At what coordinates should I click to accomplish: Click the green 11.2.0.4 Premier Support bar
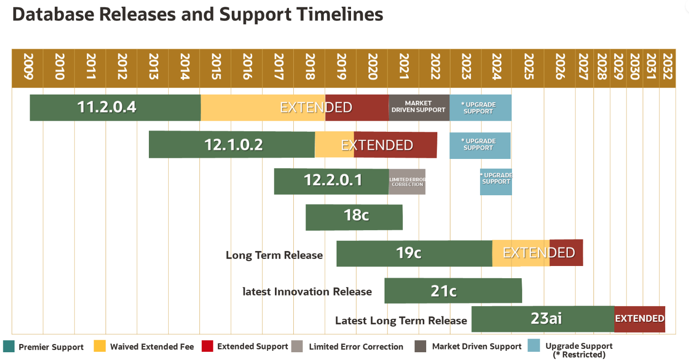click(x=115, y=108)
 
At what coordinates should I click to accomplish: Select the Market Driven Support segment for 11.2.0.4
click(x=418, y=107)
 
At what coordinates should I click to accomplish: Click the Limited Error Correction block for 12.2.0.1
click(x=407, y=182)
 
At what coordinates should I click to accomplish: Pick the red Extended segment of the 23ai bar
click(x=640, y=319)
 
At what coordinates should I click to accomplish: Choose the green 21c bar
click(x=453, y=291)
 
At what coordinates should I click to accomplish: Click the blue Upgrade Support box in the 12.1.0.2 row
click(x=480, y=145)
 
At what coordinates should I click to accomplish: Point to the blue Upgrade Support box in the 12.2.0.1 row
click(x=496, y=182)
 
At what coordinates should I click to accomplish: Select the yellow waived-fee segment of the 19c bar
click(x=521, y=253)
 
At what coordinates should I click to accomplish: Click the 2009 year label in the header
click(x=28, y=68)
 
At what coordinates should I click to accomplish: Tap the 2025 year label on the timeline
click(x=528, y=68)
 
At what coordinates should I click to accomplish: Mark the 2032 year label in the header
click(x=667, y=68)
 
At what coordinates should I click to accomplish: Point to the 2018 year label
click(x=310, y=68)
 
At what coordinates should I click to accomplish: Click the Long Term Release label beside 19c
click(x=274, y=255)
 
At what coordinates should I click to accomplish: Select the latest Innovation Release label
click(x=307, y=292)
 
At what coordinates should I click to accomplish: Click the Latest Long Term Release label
click(x=401, y=321)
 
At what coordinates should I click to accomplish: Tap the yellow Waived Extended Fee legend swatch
click(x=100, y=346)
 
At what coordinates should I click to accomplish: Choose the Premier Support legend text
click(x=51, y=347)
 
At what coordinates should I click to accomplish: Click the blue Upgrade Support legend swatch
click(x=534, y=346)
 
